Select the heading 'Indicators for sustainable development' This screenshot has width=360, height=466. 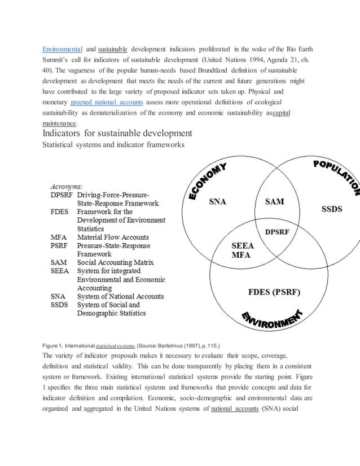tap(117, 133)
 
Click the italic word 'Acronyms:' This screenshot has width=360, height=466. tap(67, 185)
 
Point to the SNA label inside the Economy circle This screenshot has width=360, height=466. tap(217, 201)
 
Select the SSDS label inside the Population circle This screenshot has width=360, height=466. tap(331, 209)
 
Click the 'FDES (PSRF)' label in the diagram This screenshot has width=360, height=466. tap(274, 292)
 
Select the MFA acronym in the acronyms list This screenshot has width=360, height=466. tap(59, 238)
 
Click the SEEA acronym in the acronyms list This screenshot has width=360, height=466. tap(60, 271)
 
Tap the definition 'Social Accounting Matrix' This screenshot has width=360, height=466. tap(115, 262)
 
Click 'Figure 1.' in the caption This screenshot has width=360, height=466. tap(55, 344)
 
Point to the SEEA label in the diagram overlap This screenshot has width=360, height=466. tap(243, 245)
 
